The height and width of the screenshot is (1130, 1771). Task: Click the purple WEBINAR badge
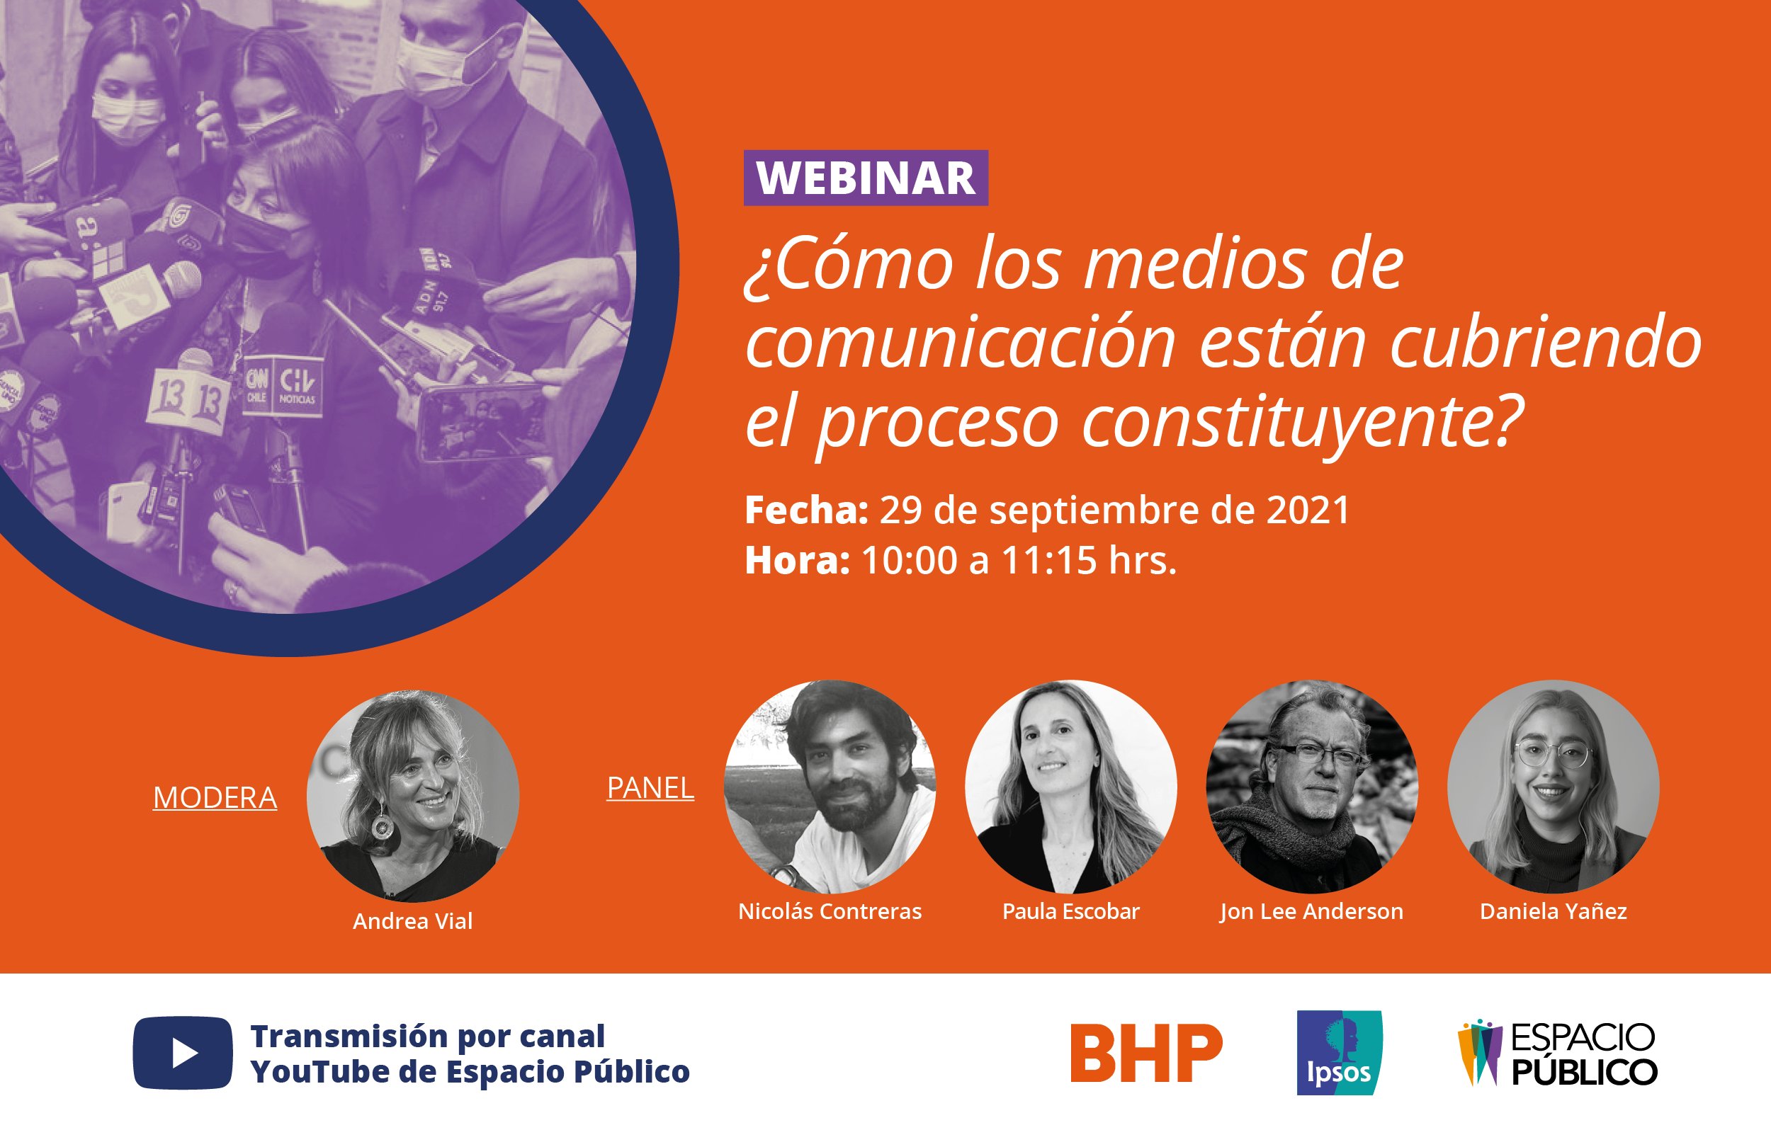866,178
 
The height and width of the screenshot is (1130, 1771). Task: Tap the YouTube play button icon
182,1053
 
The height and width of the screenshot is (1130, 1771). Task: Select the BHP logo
1146,1053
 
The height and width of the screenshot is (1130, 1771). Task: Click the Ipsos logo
1340,1053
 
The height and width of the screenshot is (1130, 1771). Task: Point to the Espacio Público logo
1558,1054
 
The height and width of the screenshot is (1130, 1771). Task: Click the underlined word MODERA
215,798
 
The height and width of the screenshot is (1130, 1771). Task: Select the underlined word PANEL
650,788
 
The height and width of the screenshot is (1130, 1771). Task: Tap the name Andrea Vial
412,921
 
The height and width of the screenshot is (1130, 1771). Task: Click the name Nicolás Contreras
830,912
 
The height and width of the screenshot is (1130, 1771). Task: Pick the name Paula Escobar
1071,912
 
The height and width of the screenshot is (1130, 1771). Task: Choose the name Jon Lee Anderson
1311,912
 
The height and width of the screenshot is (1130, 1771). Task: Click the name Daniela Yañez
1554,912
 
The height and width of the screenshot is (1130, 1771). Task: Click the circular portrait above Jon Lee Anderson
1312,787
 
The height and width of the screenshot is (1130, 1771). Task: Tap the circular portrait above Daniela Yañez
1554,787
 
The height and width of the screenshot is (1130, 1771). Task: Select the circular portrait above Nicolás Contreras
830,787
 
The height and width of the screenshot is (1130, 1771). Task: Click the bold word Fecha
807,510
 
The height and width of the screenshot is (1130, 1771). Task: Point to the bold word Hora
798,561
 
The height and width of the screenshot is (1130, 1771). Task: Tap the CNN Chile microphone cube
256,385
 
